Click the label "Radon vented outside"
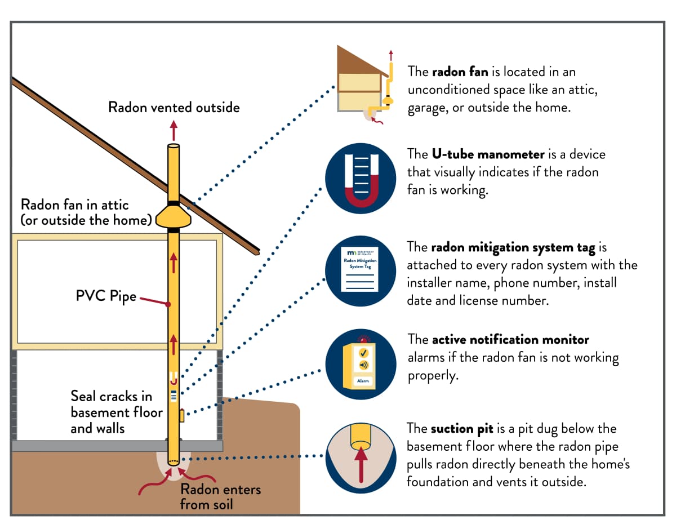[174, 107]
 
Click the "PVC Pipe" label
[106, 296]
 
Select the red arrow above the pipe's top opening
[174, 131]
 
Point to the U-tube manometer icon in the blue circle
[361, 179]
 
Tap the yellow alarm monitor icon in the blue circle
[361, 363]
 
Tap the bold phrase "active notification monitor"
[510, 340]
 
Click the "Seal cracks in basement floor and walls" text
[116, 412]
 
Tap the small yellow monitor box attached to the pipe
[181, 416]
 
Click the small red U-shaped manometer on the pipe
[174, 378]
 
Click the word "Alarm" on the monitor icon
[361, 381]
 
